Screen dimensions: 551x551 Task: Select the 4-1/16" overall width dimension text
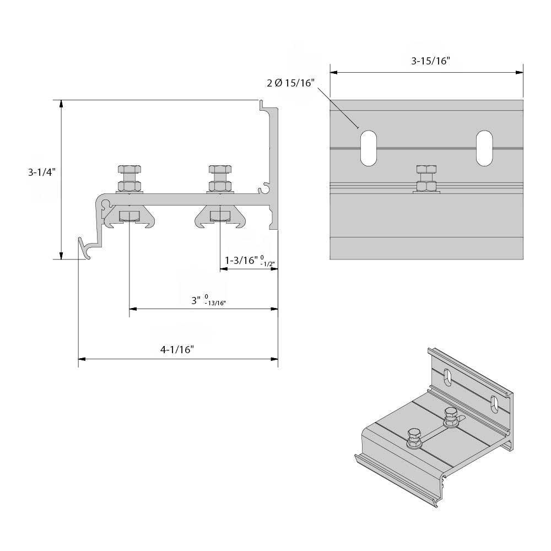177,349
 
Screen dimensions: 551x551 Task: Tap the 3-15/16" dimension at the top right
430,61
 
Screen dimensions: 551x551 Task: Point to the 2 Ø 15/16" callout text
290,83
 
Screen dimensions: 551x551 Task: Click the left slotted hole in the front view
368,148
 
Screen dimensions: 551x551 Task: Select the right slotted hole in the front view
484,148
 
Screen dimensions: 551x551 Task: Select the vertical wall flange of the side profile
272,165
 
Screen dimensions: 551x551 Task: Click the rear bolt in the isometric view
450,417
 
